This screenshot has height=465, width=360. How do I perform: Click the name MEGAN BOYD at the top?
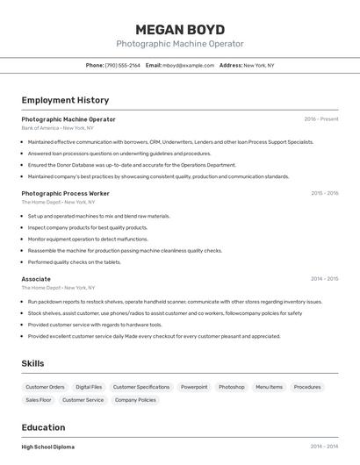click(180, 30)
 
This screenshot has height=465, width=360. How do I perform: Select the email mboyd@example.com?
click(186, 65)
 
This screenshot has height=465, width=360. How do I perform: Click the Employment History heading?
click(65, 100)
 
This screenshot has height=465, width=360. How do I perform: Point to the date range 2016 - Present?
click(321, 119)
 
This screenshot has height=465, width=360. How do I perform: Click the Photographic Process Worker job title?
click(65, 193)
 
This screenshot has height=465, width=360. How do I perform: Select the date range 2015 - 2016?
click(324, 193)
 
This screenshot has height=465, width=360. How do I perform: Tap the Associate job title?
click(36, 279)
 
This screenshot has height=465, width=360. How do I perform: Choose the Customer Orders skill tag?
click(45, 387)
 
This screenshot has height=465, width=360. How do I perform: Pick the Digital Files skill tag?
click(89, 387)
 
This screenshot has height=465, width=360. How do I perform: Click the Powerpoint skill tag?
click(194, 387)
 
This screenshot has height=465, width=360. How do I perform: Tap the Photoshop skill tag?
click(232, 387)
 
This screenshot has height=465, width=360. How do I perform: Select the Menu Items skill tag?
click(269, 387)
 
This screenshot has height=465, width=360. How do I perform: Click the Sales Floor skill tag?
click(39, 400)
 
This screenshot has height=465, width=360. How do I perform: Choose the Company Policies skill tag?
click(135, 400)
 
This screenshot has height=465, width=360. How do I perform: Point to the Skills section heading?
click(32, 363)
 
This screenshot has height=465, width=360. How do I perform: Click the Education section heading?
click(43, 427)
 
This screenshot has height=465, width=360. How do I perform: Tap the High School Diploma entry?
click(48, 447)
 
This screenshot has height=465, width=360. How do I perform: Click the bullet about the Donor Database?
click(132, 165)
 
